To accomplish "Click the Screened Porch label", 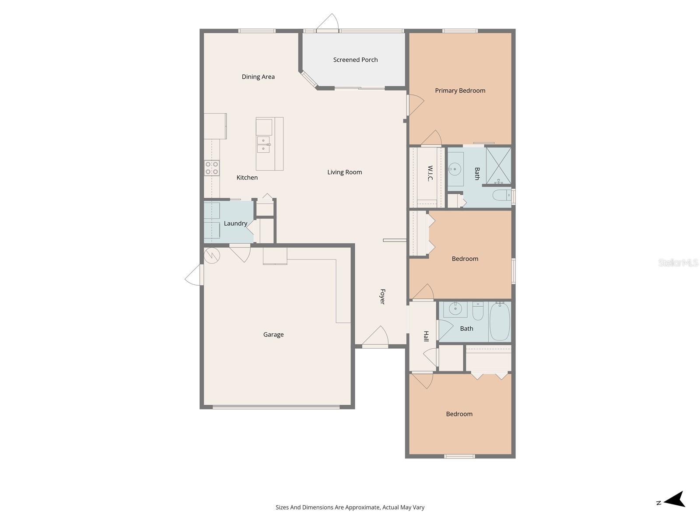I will [355, 60].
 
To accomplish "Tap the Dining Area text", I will [258, 77].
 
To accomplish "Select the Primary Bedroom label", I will [460, 91].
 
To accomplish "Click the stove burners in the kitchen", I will [212, 168].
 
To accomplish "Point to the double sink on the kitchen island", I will [263, 145].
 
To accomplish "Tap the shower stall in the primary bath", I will [498, 166].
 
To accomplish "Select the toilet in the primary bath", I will [501, 195].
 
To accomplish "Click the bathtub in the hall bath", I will [499, 322].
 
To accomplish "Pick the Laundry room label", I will [235, 224].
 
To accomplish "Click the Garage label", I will [273, 335].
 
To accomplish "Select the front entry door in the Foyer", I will [375, 338].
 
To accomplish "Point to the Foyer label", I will [382, 297].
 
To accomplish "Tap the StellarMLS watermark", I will [678, 262].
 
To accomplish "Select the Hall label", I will [426, 336].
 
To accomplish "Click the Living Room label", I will [344, 172].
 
